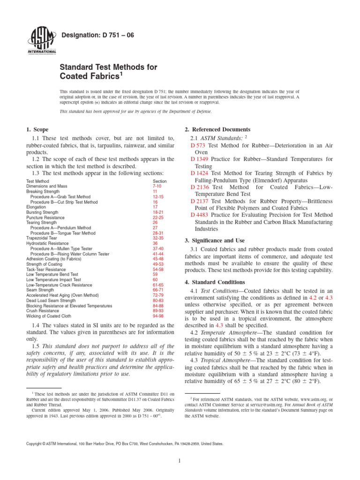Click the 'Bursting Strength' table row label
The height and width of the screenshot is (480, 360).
(44, 212)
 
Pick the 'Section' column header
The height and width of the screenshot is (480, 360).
(160, 181)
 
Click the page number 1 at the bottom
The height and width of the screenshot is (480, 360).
(180, 461)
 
